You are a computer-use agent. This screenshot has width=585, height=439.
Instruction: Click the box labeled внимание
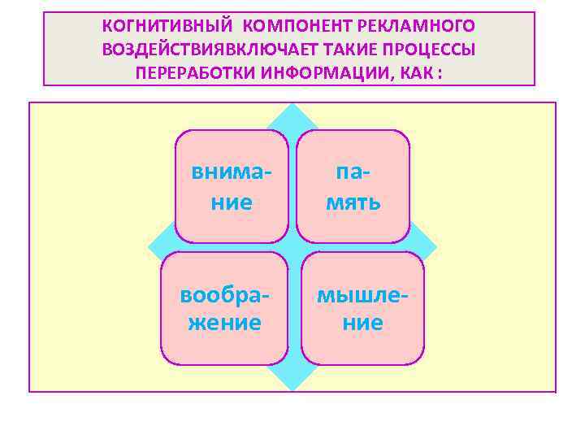coord(232,186)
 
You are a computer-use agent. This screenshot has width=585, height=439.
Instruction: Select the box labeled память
coord(353,186)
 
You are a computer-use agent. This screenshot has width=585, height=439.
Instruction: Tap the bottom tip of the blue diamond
coord(292,388)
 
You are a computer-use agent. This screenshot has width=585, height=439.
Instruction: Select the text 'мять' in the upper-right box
coord(353,202)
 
